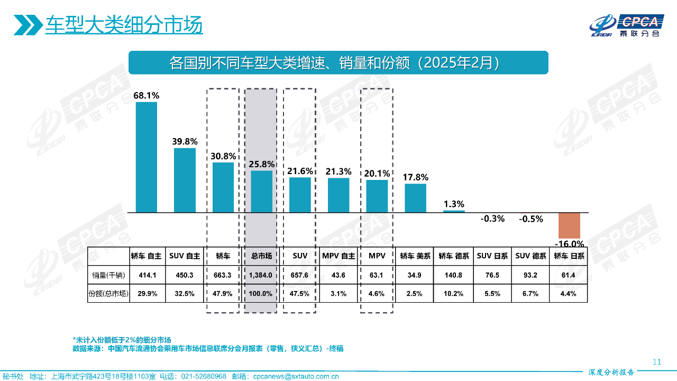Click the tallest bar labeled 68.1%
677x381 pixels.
coord(147,157)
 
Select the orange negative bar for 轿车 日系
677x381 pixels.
coord(570,225)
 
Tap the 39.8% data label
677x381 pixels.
coord(185,141)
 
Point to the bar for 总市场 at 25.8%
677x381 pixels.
coord(261,191)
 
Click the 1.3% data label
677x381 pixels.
coord(454,204)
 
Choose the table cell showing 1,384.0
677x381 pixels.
coord(261,275)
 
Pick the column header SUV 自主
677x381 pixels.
coord(185,256)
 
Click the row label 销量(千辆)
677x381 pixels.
coord(108,275)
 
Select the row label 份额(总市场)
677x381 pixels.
coord(108,294)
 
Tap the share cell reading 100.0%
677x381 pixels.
coord(261,294)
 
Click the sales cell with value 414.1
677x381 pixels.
coord(147,275)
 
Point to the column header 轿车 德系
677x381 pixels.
coord(454,256)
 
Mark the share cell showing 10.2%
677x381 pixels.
coord(454,294)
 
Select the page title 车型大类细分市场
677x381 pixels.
coord(124,25)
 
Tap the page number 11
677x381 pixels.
coord(657,362)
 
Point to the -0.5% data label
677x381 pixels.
coord(531,219)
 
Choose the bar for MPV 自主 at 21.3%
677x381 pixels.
coord(338,195)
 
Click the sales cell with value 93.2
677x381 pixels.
coord(531,275)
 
